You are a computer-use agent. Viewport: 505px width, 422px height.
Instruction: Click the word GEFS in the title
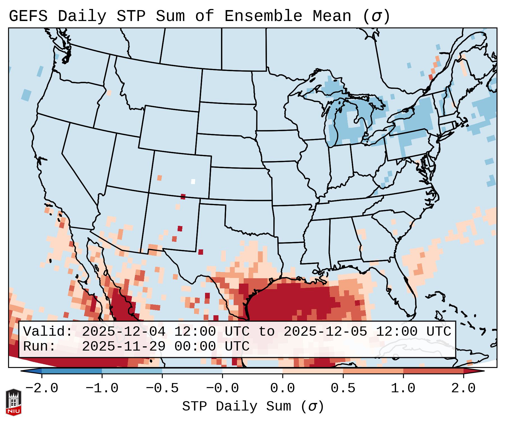(x=28, y=16)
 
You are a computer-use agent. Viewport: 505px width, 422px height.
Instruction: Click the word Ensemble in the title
(x=263, y=16)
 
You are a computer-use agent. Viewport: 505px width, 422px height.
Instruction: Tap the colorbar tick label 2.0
(x=463, y=388)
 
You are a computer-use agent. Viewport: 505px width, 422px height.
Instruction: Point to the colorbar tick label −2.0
(x=42, y=388)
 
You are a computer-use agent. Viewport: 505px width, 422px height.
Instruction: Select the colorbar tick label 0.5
(x=343, y=388)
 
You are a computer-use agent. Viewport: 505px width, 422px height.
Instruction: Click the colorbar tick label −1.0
(x=102, y=388)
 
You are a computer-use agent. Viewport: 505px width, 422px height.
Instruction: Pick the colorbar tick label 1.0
(x=403, y=388)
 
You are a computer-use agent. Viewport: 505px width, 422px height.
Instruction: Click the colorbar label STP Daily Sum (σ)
(x=253, y=407)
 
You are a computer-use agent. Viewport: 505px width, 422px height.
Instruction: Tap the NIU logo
(x=13, y=402)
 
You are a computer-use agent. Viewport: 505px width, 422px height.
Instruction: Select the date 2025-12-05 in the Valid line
(x=325, y=332)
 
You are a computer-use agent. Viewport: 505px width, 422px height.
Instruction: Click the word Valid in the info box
(x=48, y=332)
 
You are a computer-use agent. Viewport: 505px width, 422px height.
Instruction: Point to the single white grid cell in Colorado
(x=193, y=181)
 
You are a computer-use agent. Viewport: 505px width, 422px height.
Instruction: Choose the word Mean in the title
(x=332, y=16)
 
